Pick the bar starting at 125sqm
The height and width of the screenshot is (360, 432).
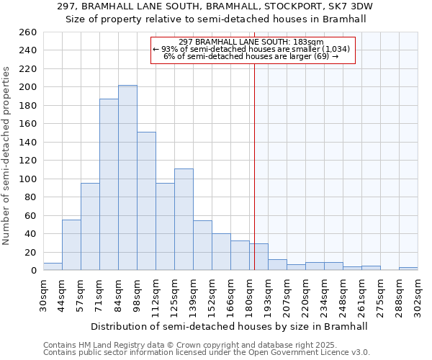click(x=184, y=220)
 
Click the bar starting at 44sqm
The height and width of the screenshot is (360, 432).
click(x=71, y=245)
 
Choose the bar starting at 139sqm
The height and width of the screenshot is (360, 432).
click(x=202, y=246)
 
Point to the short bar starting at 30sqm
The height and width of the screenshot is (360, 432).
click(x=53, y=266)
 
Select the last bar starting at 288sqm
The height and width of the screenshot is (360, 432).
click(x=408, y=269)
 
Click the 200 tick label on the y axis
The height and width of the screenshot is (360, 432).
click(x=27, y=87)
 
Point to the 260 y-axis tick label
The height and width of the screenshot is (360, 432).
click(x=27, y=32)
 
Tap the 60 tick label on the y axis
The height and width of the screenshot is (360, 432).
click(x=30, y=215)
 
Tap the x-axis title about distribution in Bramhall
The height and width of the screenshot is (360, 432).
click(x=230, y=326)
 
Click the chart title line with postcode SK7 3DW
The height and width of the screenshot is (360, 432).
click(x=216, y=6)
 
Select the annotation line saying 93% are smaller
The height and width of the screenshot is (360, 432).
click(x=252, y=49)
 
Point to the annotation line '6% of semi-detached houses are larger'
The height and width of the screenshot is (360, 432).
click(x=252, y=56)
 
